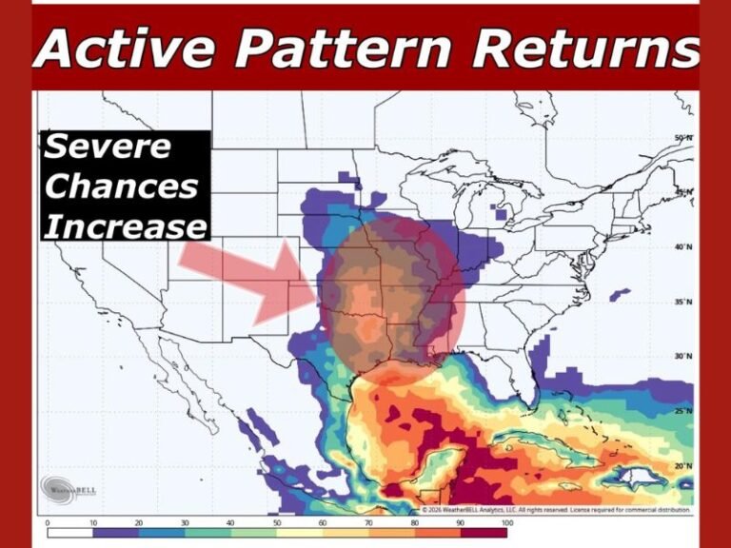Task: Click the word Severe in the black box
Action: pos(108,147)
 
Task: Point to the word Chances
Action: pos(121,186)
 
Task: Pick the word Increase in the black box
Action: pos(125,225)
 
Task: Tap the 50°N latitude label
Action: pos(683,139)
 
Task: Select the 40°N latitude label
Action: pos(683,247)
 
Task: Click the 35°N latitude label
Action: pos(683,302)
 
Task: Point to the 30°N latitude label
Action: pos(683,356)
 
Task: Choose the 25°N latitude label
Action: pos(683,411)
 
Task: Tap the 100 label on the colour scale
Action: pos(506,522)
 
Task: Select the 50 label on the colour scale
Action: pos(277,522)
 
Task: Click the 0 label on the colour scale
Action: pos(48,522)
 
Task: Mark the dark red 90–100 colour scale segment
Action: pos(484,533)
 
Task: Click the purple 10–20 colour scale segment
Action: pos(116,533)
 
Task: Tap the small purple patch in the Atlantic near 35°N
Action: pos(620,294)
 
